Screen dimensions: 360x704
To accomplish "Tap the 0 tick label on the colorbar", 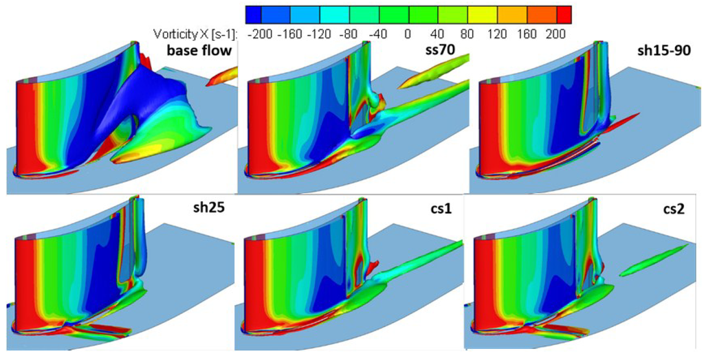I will pyautogui.click(x=408, y=33).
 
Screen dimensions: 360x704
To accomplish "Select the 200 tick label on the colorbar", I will pyautogui.click(x=555, y=33).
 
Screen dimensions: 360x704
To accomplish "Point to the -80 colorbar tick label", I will pyautogui.click(x=349, y=33).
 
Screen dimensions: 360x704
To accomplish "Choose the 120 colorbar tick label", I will pyautogui.click(x=497, y=33).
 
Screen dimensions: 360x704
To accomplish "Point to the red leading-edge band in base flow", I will pyautogui.click(x=25, y=124).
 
